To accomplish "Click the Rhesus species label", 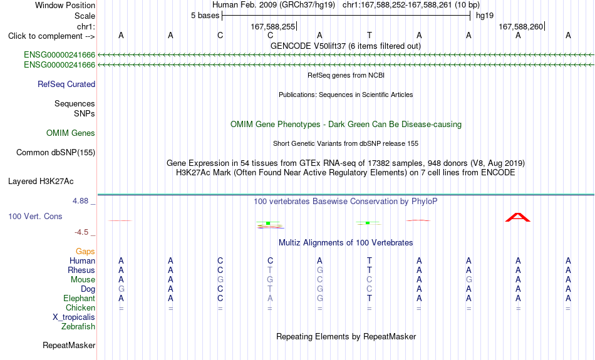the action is pos(81,270).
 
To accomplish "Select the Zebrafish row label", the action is pos(78,326).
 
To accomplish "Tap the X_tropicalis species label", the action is pos(74,317).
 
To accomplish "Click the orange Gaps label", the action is pos(85,252).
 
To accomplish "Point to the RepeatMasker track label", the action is pos(69,345).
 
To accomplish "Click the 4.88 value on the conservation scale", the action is pos(80,201).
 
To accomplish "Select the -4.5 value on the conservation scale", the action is pos(81,232).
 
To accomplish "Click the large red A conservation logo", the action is pos(518,217).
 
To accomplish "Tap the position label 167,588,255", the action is pos(273,26).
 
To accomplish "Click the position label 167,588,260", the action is pos(521,26).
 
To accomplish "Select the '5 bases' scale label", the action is pos(205,16).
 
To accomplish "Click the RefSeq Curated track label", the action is pos(66,85).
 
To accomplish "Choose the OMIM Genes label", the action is pos(71,133).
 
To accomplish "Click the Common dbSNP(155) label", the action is pos(56,153).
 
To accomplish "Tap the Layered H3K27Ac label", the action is pos(41,182).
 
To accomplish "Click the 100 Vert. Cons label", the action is pos(35,216).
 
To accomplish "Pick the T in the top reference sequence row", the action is pos(370,35).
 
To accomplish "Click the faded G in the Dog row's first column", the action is pos(121,289).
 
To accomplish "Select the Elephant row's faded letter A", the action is pos(270,299).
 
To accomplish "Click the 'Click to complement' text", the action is pos(45,36).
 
